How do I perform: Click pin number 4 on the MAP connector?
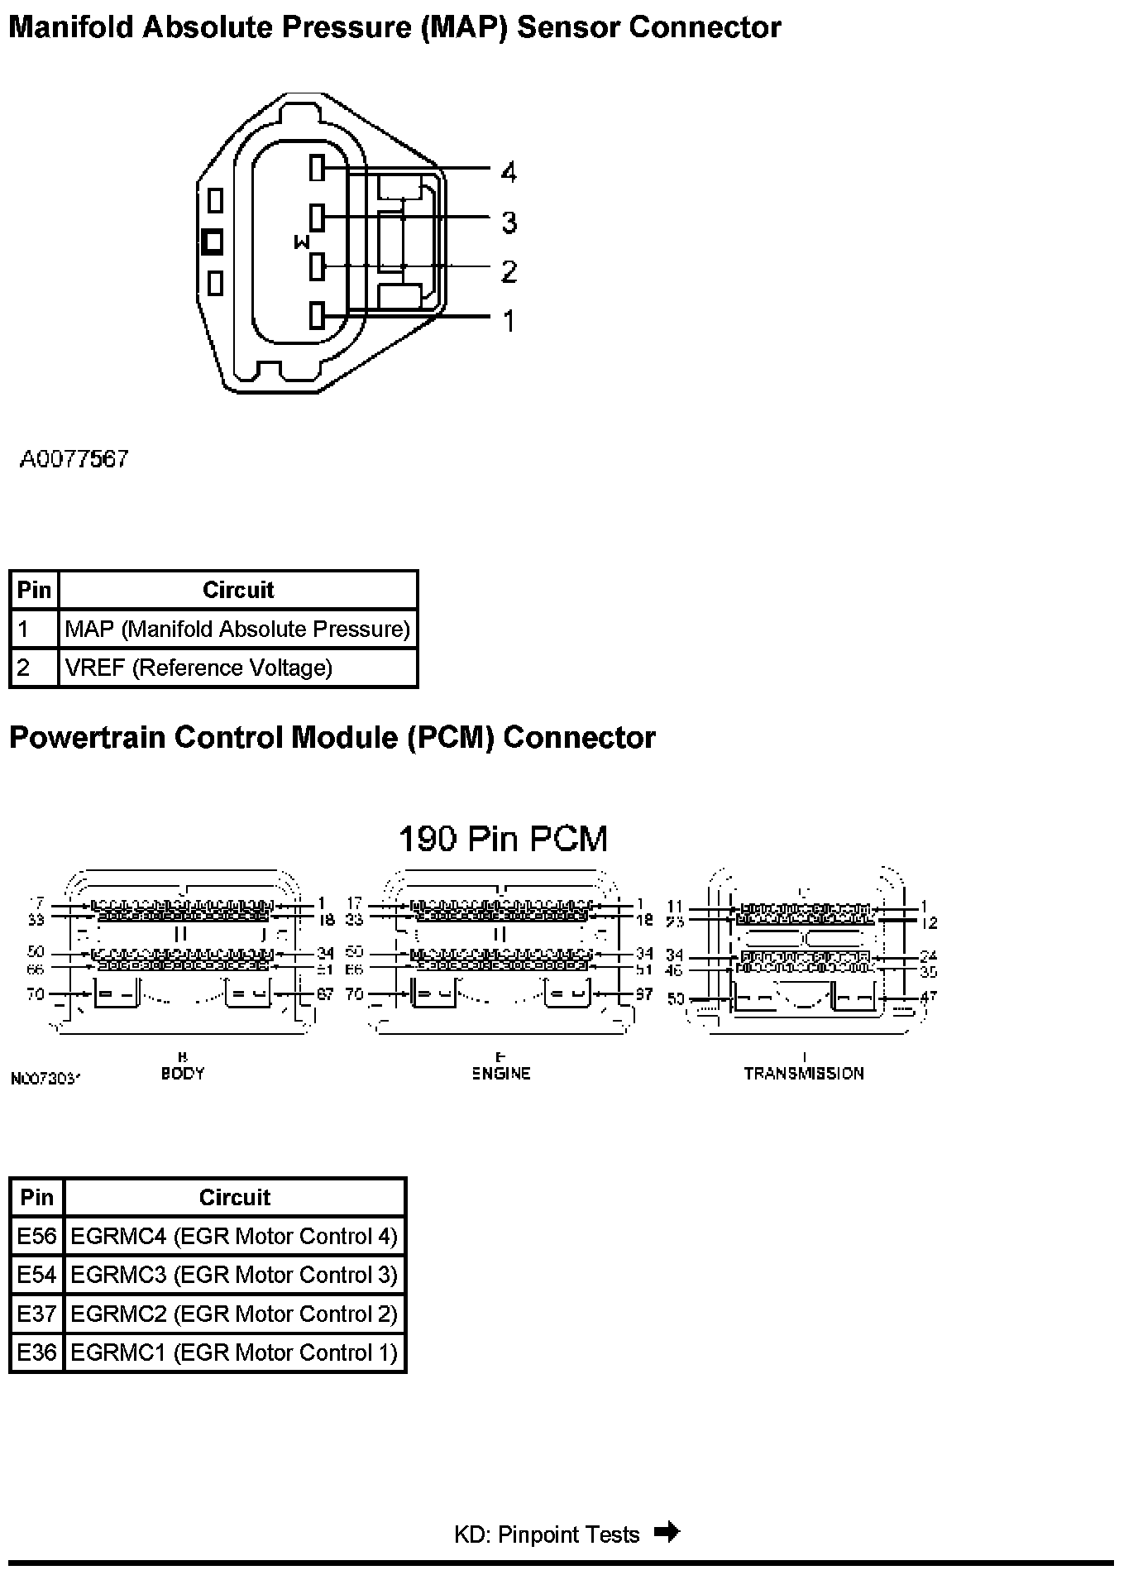click(509, 173)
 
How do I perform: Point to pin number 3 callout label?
click(509, 222)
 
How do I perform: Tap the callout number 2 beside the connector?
click(509, 270)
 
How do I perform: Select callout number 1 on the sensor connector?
click(509, 320)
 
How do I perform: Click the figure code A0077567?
click(74, 459)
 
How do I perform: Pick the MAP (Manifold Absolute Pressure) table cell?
click(237, 630)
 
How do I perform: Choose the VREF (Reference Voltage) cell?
click(198, 668)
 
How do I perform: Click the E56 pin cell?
click(37, 1237)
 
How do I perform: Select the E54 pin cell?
click(37, 1276)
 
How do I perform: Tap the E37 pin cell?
click(37, 1314)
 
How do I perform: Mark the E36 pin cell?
click(37, 1353)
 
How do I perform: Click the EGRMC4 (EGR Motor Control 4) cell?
click(234, 1237)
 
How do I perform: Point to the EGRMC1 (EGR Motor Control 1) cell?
click(234, 1353)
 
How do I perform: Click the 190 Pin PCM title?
click(503, 839)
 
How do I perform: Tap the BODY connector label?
click(183, 1074)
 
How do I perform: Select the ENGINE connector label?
click(501, 1074)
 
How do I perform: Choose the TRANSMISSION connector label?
click(804, 1074)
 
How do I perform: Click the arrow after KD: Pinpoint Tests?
click(667, 1533)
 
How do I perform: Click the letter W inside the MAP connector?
click(302, 242)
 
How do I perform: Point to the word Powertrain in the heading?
click(87, 737)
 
